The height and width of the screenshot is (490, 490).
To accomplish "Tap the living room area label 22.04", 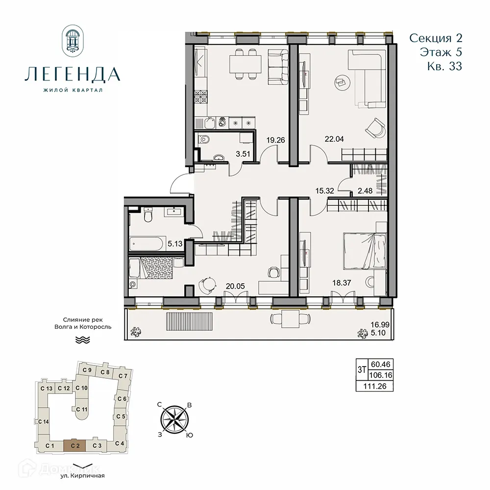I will click(x=335, y=139).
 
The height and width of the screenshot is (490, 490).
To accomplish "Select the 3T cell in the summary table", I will click(x=361, y=369).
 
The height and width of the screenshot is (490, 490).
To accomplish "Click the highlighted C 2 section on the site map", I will click(x=75, y=445).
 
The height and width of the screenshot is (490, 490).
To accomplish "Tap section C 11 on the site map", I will click(x=82, y=409).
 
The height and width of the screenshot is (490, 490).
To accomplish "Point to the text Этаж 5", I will click(x=441, y=52).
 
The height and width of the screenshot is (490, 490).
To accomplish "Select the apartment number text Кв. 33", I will click(x=444, y=67).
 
